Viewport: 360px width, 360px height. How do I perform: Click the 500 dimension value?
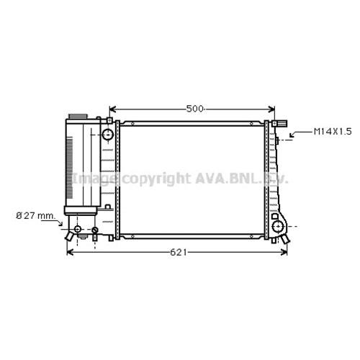point(194,109)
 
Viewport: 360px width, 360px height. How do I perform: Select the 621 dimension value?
point(179,252)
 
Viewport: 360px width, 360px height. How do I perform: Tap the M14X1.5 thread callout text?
point(333,132)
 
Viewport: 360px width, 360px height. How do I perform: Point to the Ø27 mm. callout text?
point(36,216)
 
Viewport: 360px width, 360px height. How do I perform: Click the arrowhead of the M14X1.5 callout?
point(292,135)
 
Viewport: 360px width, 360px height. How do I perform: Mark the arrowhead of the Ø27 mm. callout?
point(60,223)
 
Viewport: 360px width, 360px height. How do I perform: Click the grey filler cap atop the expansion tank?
point(78,117)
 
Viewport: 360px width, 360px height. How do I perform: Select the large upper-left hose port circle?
point(108,135)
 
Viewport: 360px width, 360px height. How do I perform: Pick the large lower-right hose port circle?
point(278,226)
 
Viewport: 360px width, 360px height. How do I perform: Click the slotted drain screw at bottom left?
point(95,230)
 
